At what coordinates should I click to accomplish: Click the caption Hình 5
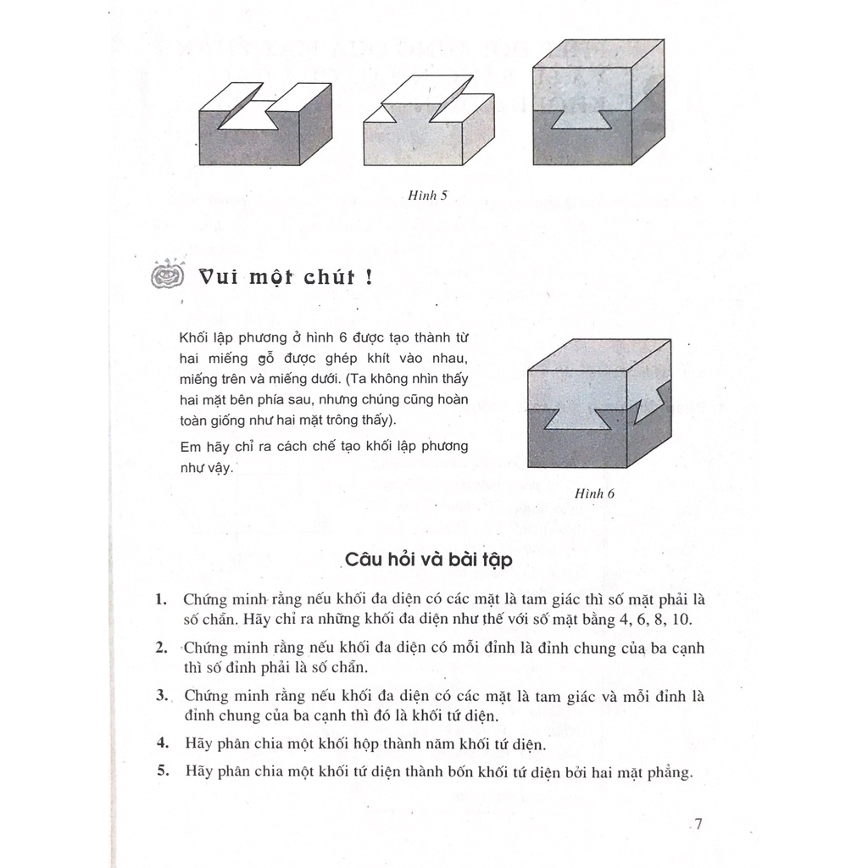coord(427,196)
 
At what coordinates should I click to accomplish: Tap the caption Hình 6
coord(594,494)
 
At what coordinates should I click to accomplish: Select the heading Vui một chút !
coord(286,277)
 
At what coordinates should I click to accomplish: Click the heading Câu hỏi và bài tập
coord(428,559)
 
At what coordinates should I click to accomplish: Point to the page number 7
coord(698,824)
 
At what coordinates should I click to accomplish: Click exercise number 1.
coord(161,599)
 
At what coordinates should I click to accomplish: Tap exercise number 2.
coord(162,647)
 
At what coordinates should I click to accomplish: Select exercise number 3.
coord(162,695)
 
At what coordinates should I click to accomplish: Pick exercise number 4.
coord(162,743)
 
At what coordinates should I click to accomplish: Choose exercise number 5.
coord(163,771)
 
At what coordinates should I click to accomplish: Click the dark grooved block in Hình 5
coord(265,124)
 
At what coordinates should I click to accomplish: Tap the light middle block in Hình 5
coord(429,120)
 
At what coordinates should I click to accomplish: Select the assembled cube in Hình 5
coord(598,102)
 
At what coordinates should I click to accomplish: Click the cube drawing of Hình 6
coord(599,403)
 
